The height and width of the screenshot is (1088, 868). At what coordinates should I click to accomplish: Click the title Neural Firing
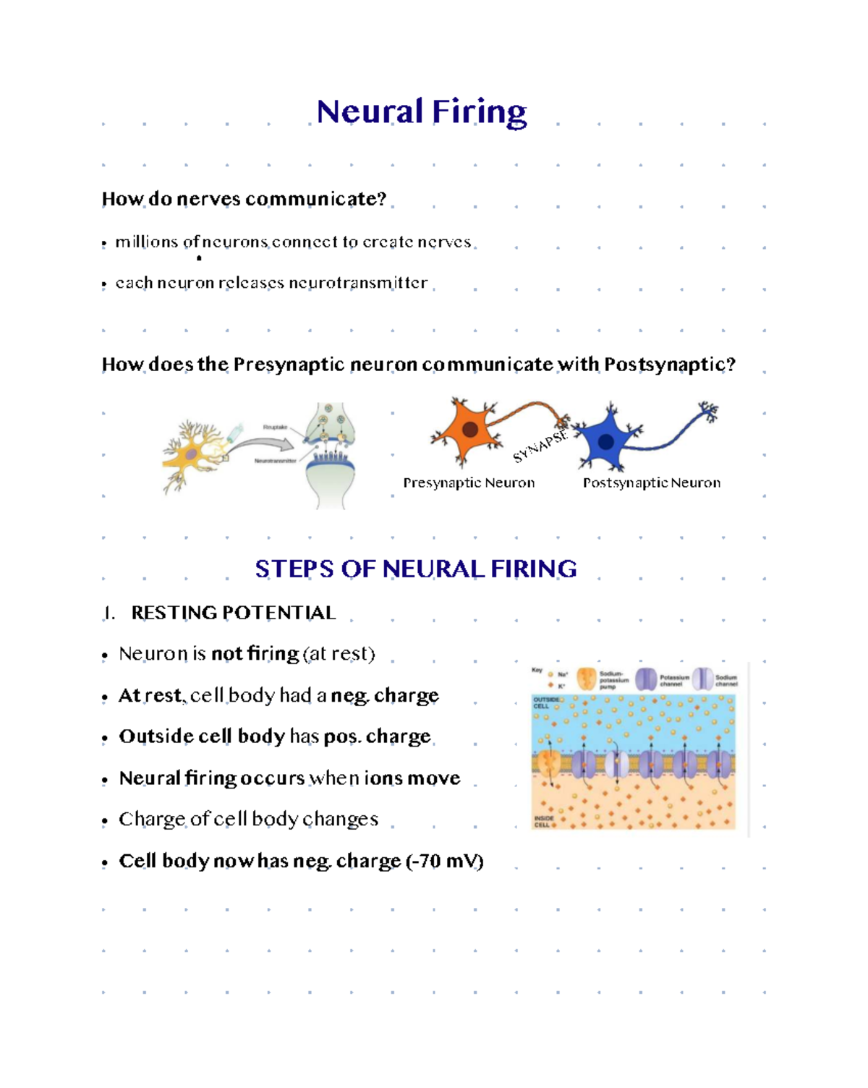point(422,112)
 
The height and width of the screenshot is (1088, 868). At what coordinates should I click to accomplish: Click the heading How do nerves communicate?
point(244,199)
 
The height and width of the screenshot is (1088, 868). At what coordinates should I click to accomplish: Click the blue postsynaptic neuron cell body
point(606,440)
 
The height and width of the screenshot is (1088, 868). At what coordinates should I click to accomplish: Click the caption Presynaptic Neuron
point(469,483)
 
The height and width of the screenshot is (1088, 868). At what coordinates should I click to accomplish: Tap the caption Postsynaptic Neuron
point(651,483)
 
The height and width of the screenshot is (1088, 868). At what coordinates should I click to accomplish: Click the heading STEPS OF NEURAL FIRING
point(415,569)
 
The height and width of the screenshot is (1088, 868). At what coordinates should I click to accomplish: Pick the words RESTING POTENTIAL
point(233,613)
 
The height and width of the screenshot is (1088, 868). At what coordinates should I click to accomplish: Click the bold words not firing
point(255,654)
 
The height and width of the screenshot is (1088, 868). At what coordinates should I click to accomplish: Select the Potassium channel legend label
point(673,681)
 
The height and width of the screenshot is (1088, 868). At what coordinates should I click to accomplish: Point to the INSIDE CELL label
point(543,822)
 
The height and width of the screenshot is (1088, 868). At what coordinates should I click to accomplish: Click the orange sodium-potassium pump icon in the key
point(587,679)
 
